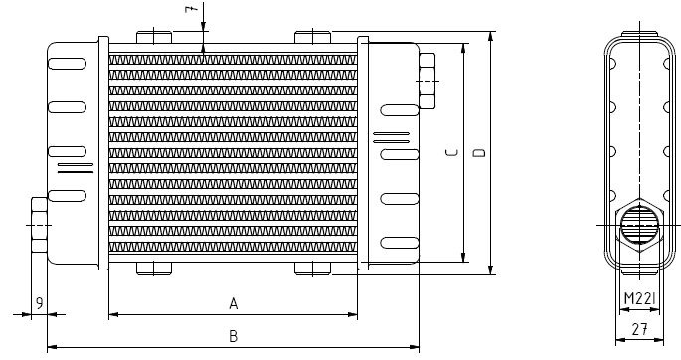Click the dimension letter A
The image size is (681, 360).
click(x=233, y=302)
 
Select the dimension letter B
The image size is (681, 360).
click(x=233, y=336)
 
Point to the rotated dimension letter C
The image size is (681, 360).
click(x=450, y=154)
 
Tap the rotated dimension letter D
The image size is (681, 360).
click(x=477, y=154)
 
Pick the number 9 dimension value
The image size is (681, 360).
click(x=37, y=302)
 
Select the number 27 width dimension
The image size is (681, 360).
click(x=640, y=327)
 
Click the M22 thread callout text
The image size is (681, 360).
click(x=639, y=299)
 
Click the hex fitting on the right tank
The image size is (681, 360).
click(x=427, y=80)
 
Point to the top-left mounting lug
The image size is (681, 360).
click(x=154, y=38)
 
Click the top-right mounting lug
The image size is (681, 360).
click(x=312, y=38)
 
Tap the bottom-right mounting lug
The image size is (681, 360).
click(x=312, y=269)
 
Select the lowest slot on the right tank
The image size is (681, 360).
click(x=395, y=240)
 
